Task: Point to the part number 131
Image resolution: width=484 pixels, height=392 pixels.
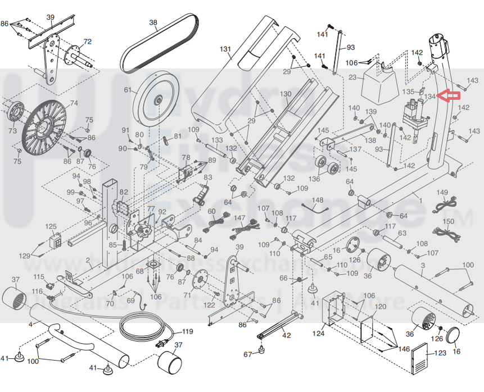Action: [x=225, y=49]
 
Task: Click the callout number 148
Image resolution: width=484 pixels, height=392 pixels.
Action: [x=318, y=200]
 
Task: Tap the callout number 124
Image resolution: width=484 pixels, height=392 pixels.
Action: [x=319, y=334]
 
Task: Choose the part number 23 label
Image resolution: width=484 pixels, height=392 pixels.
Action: [x=352, y=78]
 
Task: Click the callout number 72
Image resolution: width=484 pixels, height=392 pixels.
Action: [x=87, y=41]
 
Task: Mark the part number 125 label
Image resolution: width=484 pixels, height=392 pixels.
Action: [x=51, y=227]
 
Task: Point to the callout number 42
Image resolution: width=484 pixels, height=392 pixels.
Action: [x=287, y=335]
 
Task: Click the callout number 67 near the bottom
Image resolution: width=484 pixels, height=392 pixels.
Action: [x=248, y=354]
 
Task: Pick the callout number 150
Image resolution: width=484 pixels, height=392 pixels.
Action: [x=448, y=222]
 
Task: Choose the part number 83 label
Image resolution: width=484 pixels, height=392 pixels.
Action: [x=207, y=178]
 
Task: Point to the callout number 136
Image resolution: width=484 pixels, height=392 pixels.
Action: [x=314, y=179]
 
